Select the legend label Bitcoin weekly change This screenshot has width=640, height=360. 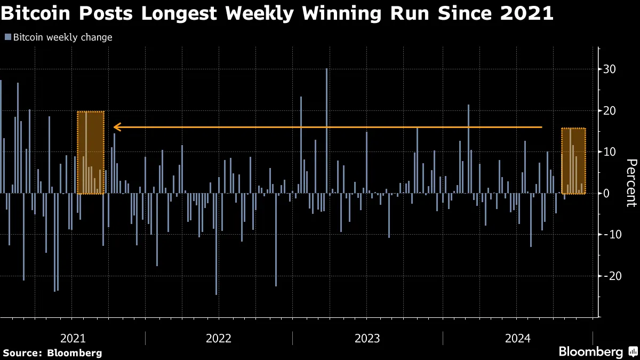tap(62, 37)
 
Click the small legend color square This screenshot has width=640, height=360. tap(7, 37)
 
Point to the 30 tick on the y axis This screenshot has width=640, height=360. tap(610, 69)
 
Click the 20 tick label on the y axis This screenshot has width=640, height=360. tap(610, 111)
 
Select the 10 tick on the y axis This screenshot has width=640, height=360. tap(610, 152)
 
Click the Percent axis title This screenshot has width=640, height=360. tap(631, 182)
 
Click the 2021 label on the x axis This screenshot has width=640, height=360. tap(73, 338)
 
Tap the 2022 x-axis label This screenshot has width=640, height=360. tap(219, 338)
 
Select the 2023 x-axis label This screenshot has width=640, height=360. tap(367, 338)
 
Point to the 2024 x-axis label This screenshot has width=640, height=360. tap(517, 338)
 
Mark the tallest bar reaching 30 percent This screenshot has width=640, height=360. tap(327, 131)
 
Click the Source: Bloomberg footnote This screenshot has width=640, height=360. tap(52, 353)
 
